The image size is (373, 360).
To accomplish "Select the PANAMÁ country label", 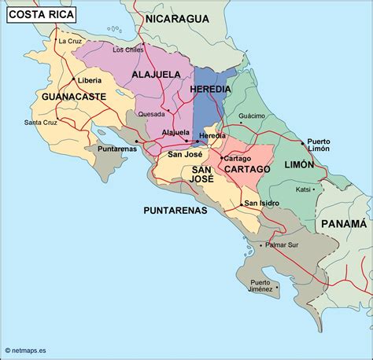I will coord(345,224).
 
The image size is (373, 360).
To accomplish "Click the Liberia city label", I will coord(88,80).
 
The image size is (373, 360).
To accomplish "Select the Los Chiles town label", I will coord(128,50).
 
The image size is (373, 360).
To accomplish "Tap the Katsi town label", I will coord(303,189).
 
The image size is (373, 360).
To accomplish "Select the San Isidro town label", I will coord(263,204).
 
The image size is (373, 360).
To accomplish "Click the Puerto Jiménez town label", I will coord(260,286).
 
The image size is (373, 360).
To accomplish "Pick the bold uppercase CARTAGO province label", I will coord(246,169).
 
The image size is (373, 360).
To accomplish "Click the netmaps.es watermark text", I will coord(31,351).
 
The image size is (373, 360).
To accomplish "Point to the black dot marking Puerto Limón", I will coord(302,143).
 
